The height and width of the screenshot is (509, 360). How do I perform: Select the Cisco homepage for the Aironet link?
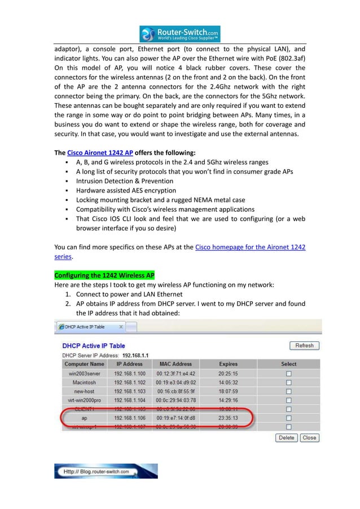250,247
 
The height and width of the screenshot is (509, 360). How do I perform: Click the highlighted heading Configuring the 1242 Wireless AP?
104,275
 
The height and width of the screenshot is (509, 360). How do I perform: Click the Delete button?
287,437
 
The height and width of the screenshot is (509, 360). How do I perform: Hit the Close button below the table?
309,437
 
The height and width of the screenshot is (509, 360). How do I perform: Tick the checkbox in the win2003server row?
288,374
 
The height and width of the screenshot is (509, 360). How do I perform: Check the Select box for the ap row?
288,418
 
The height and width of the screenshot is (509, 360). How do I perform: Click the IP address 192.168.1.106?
129,418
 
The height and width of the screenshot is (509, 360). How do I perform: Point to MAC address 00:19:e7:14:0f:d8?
175,418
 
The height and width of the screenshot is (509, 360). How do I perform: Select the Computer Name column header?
84,364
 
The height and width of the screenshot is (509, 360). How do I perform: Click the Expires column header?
228,364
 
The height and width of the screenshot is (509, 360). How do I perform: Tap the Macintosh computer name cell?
84,383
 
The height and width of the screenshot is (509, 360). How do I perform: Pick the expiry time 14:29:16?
228,400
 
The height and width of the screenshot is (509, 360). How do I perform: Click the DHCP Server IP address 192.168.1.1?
137,355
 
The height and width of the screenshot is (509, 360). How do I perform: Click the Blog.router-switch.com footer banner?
106,471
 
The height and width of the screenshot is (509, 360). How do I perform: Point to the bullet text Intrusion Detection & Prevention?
125,181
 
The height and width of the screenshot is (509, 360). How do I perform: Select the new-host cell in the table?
84,391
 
